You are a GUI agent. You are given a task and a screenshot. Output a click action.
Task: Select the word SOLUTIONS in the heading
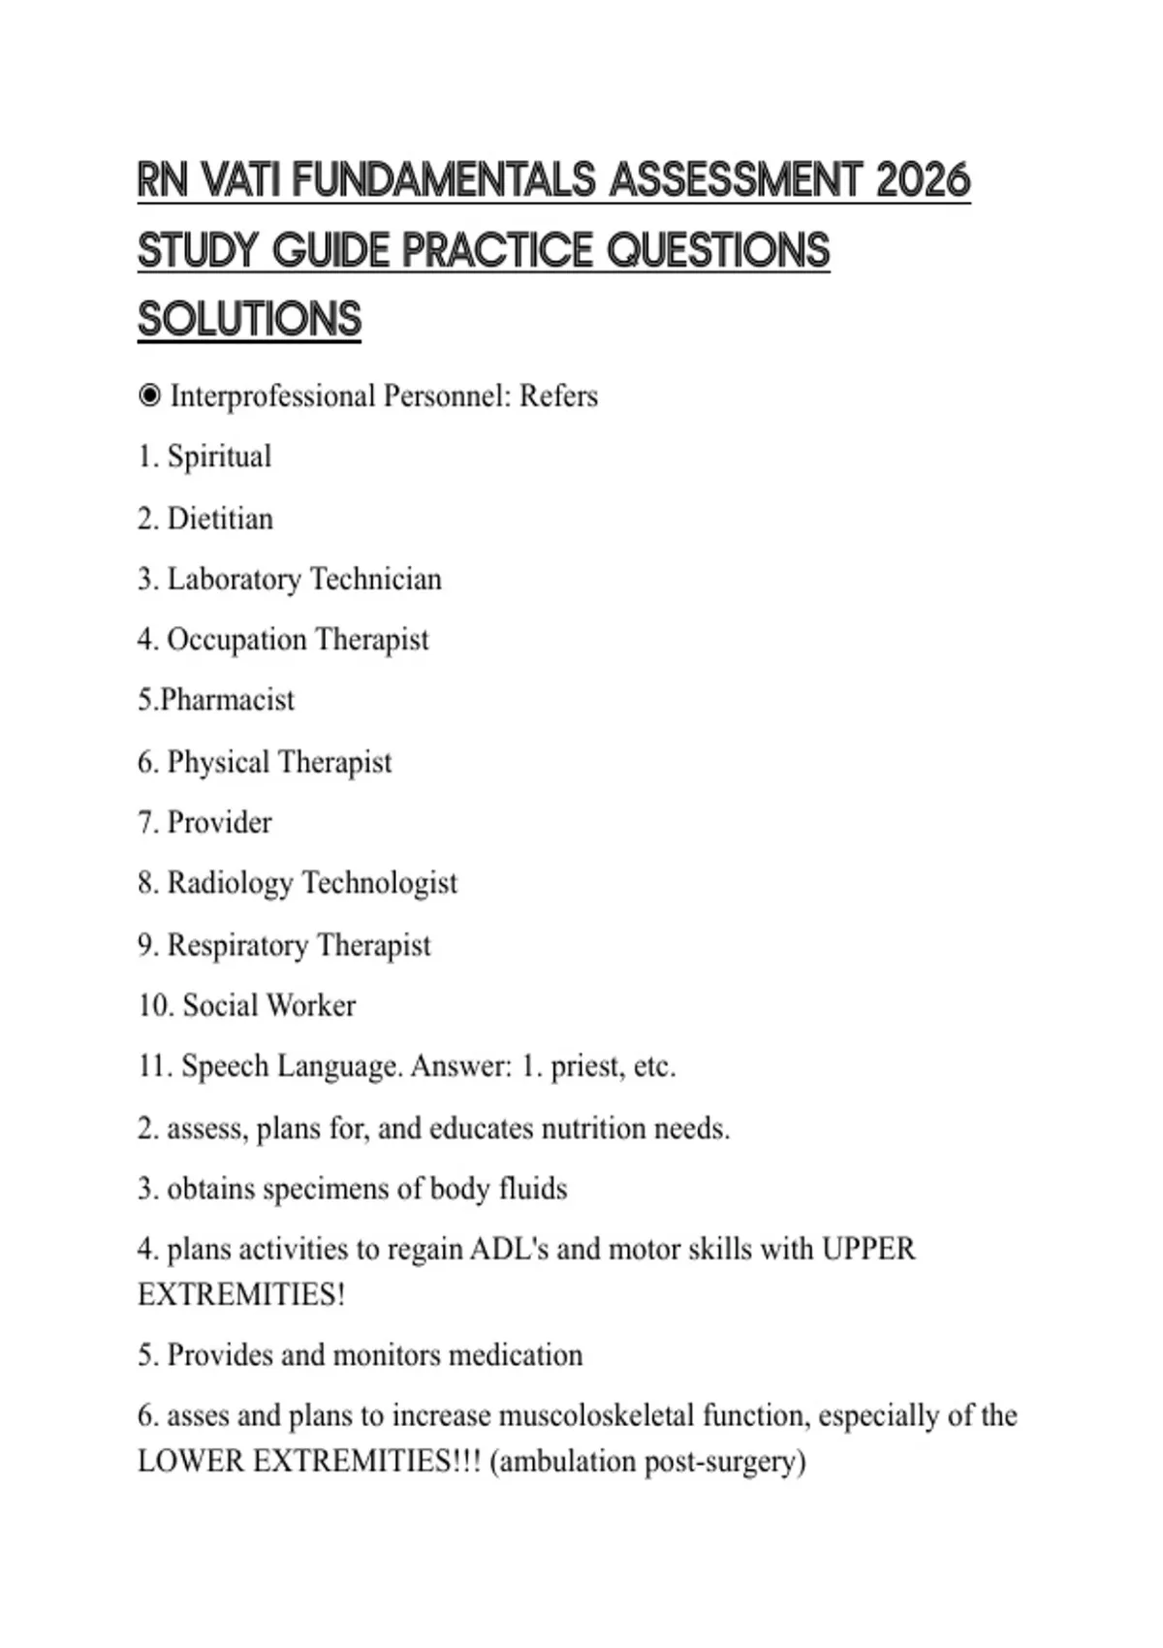point(249,319)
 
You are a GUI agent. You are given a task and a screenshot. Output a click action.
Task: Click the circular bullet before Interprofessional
point(149,396)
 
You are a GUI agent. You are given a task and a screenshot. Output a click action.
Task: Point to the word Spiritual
point(219,457)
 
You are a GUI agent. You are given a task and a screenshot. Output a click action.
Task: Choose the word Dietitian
point(220,519)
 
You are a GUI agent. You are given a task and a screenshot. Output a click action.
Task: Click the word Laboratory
point(234,580)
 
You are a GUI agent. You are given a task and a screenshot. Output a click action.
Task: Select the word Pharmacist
point(227,700)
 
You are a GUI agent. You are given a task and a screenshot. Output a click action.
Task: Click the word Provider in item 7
point(219,822)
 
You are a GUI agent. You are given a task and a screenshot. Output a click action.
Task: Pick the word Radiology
point(230,883)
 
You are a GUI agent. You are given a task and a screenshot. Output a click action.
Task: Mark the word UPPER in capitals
point(868,1249)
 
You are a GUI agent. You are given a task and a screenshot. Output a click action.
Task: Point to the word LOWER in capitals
point(191,1461)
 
